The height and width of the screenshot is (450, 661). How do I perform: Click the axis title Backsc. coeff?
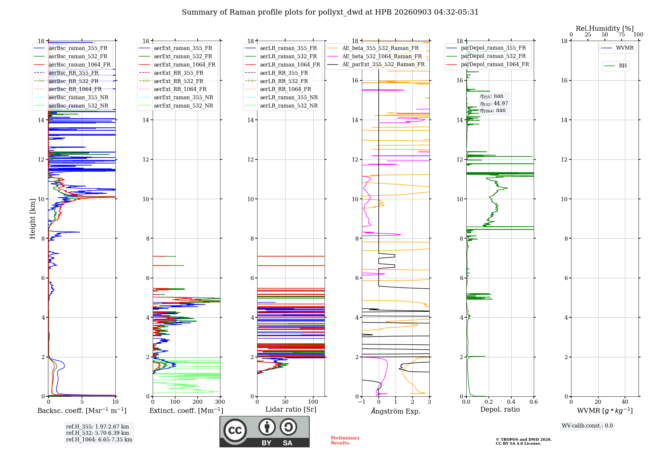tap(82, 411)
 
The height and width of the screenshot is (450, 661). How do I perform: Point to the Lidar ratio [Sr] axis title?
tap(291, 410)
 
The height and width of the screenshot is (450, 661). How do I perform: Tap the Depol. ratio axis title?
tap(500, 410)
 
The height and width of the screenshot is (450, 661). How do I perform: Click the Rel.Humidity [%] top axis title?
tap(605, 28)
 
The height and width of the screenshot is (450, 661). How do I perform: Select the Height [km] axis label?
tap(32, 219)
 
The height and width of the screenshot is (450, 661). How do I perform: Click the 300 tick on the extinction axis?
tap(220, 402)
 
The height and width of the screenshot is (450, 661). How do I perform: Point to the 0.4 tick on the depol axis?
tap(511, 402)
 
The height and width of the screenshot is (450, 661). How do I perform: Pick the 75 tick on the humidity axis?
tap(622, 35)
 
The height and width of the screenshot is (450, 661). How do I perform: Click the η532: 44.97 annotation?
tap(494, 104)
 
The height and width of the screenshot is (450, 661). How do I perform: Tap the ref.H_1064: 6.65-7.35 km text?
tap(99, 440)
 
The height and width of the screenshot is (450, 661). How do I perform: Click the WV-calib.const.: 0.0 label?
tap(587, 426)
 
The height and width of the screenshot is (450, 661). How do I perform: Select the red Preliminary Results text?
tap(345, 440)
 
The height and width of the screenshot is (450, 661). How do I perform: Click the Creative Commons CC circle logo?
tap(235, 430)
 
